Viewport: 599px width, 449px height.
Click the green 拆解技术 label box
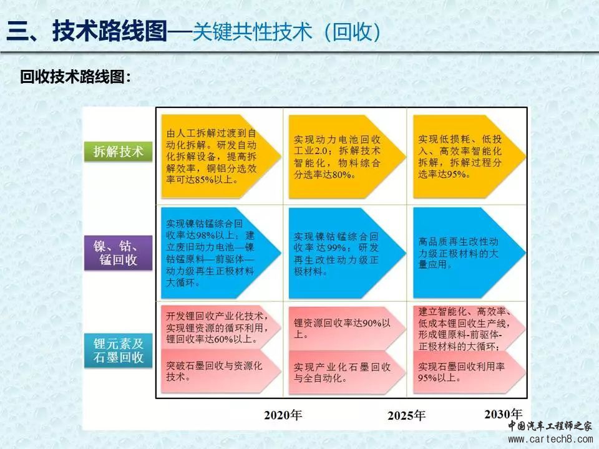point(118,151)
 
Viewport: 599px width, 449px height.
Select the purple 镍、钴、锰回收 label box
point(118,253)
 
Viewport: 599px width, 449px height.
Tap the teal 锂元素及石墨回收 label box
point(118,350)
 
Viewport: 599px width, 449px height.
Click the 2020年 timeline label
point(283,415)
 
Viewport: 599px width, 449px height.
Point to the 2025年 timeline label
point(406,415)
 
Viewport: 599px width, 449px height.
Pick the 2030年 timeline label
point(503,414)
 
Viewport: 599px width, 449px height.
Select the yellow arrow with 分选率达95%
point(469,156)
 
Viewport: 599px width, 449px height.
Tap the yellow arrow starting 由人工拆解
point(221,156)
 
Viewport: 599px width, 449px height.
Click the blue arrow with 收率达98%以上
point(221,253)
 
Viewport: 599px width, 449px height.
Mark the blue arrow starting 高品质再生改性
point(469,253)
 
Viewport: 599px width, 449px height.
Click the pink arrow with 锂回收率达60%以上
point(221,327)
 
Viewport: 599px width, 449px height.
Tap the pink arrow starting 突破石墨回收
point(221,371)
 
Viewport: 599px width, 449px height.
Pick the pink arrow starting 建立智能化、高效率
point(469,329)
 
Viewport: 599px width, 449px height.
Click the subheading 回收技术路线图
point(75,77)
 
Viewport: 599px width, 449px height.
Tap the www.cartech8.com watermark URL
point(550,439)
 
